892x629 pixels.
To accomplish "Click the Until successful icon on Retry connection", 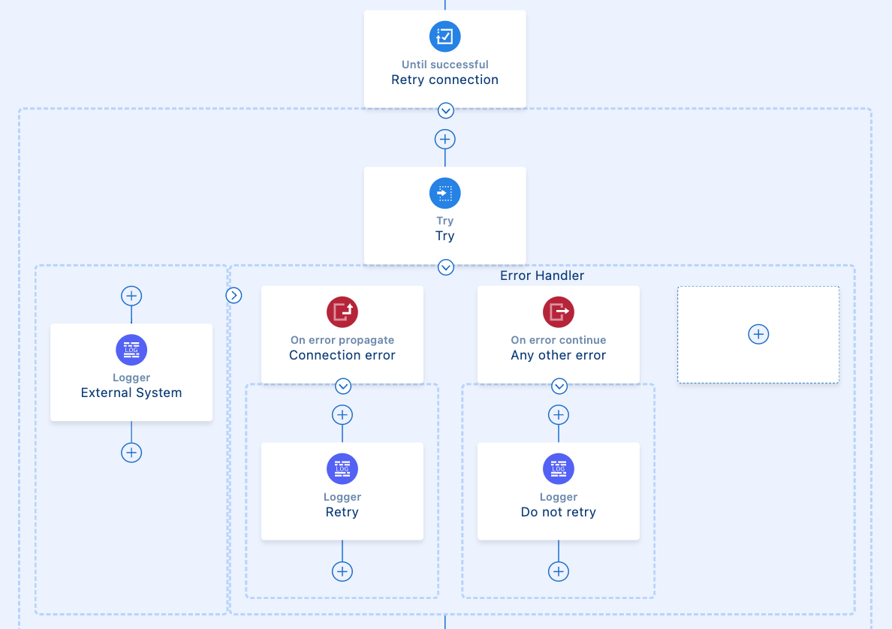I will point(445,36).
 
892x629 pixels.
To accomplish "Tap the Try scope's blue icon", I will point(445,193).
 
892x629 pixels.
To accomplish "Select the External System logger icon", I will point(131,350).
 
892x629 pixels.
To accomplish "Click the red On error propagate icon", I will point(342,311).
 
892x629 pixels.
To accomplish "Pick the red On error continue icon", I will point(559,311).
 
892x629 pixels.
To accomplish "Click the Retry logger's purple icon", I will point(342,469).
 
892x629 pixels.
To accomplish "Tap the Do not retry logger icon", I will point(559,469).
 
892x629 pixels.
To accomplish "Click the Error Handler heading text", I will point(542,275).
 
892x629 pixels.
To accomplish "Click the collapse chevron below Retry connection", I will point(446,111).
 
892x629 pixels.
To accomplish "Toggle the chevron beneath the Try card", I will point(446,267).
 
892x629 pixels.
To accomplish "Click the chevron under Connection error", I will point(343,387).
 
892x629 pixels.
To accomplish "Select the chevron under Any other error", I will point(559,387).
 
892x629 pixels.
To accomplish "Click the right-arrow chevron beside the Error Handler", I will point(234,296).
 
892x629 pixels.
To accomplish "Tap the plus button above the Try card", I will point(445,140).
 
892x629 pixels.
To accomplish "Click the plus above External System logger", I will point(131,296).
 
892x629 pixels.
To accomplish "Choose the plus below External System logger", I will point(131,453).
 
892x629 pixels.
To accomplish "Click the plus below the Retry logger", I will point(342,571).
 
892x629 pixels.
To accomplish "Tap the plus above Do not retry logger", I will point(559,415).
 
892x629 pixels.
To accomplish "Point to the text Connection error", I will point(342,355).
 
